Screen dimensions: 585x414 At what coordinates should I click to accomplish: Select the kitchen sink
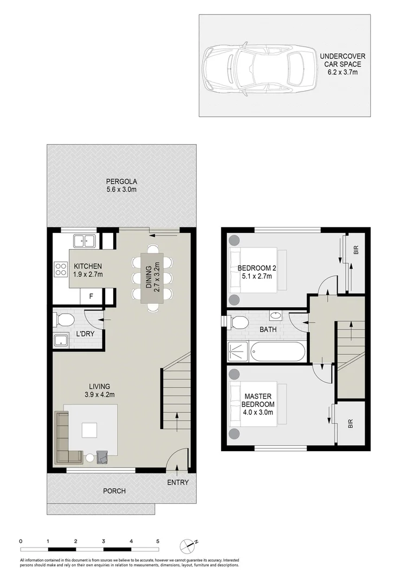[85, 240]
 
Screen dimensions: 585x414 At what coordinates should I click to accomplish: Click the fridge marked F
[90, 296]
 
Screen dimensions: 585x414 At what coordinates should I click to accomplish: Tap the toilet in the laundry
[63, 320]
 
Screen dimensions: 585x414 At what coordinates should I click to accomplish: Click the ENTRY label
[178, 483]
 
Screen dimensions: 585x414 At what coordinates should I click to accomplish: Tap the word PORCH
[114, 491]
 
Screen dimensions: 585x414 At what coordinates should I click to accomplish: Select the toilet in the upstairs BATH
[237, 323]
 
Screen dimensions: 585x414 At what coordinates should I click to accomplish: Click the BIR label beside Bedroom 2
[355, 250]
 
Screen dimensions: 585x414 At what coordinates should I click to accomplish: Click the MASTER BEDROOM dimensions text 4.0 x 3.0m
[258, 412]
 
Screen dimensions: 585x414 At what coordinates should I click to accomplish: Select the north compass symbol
[190, 544]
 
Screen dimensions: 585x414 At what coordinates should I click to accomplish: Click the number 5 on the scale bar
[158, 541]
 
